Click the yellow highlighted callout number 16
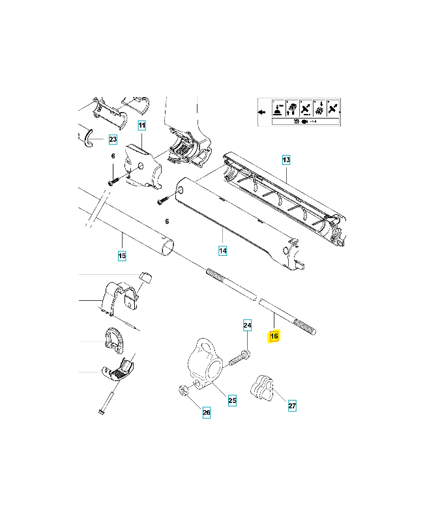point(274,336)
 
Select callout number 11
point(141,124)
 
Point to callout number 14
point(222,251)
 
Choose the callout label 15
point(122,256)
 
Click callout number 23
point(112,139)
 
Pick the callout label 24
point(247,324)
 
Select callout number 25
point(232,401)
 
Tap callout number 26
point(206,412)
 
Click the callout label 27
point(292,406)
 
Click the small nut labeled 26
point(184,391)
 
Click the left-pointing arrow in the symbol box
point(261,112)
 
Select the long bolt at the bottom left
point(108,399)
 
